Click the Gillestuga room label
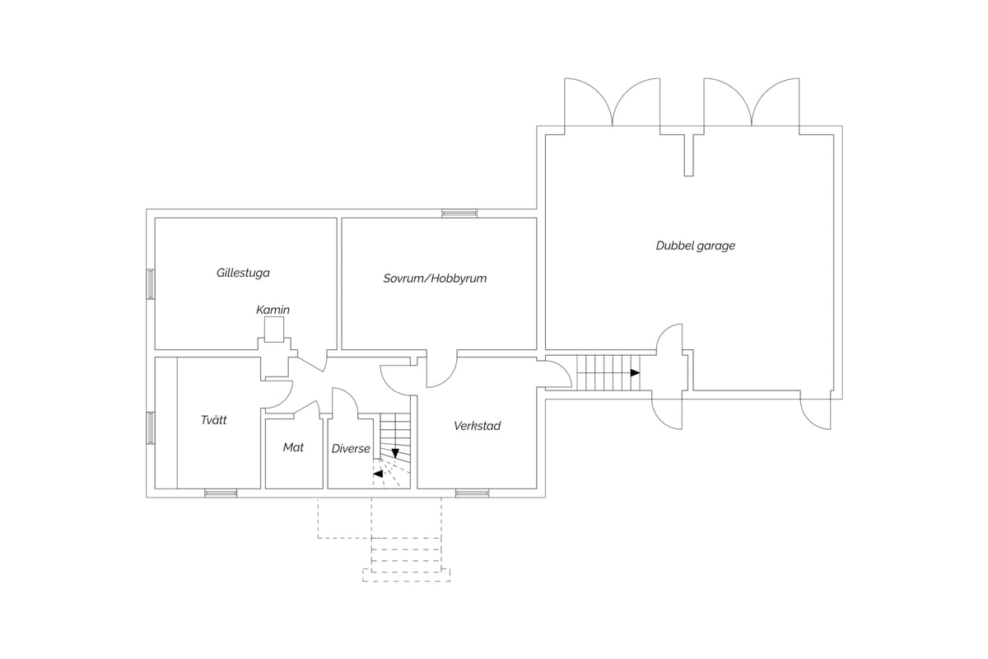[x=243, y=273]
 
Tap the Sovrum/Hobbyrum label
[x=435, y=278]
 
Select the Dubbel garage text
[x=696, y=245]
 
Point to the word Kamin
[x=273, y=310]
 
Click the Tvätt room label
[x=213, y=420]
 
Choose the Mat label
[x=293, y=447]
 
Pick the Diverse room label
[x=351, y=449]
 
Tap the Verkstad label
[x=478, y=426]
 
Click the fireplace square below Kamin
[x=274, y=329]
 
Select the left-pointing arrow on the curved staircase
[x=378, y=474]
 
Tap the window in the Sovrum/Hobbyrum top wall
[x=459, y=213]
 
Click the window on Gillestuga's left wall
[x=151, y=284]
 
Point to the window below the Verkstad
[x=473, y=493]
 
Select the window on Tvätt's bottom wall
[x=221, y=493]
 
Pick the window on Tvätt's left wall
[x=151, y=428]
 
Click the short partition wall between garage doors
[x=689, y=155]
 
